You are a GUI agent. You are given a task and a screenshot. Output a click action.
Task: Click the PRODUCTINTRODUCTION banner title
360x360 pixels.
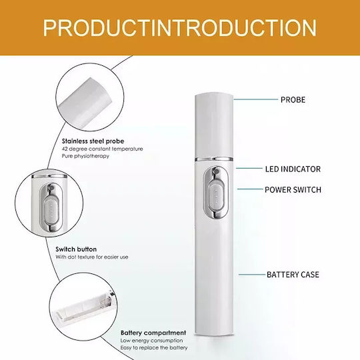pyautogui.click(x=180, y=28)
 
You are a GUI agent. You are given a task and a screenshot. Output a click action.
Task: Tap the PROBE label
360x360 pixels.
pyautogui.click(x=293, y=100)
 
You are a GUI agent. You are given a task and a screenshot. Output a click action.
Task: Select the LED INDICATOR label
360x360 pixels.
pyautogui.click(x=293, y=169)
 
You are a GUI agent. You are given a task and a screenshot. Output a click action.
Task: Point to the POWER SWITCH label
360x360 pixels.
pyautogui.click(x=293, y=190)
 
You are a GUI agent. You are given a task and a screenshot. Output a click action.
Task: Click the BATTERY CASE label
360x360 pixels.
pyautogui.click(x=293, y=275)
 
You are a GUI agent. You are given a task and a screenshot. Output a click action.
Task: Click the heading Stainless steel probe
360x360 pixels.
pyautogui.click(x=93, y=141)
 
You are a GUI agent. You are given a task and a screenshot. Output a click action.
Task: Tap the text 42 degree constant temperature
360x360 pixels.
pyautogui.click(x=102, y=149)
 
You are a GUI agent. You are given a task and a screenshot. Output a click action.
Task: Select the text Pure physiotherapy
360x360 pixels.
pyautogui.click(x=85, y=156)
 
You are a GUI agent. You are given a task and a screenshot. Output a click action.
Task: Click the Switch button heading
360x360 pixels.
pyautogui.click(x=76, y=249)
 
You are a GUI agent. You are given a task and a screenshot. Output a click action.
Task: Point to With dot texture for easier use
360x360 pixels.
pyautogui.click(x=92, y=257)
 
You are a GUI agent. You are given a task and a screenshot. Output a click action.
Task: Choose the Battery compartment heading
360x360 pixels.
pyautogui.click(x=153, y=333)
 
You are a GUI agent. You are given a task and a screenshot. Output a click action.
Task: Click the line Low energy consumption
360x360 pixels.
pyautogui.click(x=152, y=341)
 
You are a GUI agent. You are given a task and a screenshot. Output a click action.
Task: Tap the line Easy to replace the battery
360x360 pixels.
pyautogui.click(x=154, y=348)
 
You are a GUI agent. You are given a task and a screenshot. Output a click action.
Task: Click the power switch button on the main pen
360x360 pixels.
pyautogui.click(x=216, y=193)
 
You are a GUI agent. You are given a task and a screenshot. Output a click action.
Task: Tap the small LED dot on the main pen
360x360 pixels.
pyautogui.click(x=216, y=171)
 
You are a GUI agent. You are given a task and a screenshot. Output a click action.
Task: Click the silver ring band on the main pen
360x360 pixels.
pyautogui.click(x=214, y=159)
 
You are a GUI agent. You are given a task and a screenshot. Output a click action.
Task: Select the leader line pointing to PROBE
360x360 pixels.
pyautogui.click(x=255, y=99)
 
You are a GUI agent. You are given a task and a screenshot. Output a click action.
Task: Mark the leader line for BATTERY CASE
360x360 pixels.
pyautogui.click(x=252, y=275)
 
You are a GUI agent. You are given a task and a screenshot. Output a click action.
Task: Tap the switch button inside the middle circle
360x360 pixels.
pyautogui.click(x=51, y=212)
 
